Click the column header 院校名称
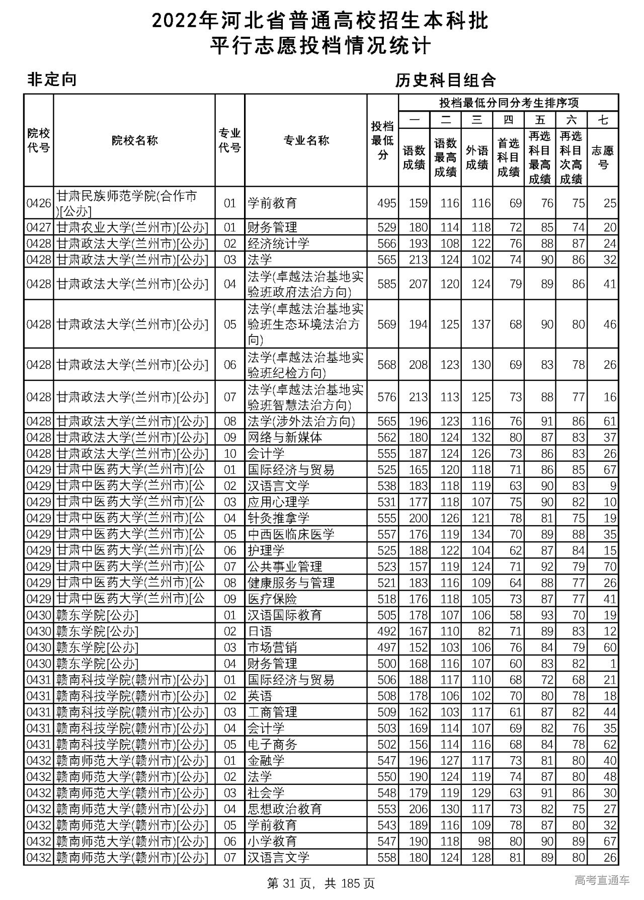tap(134, 140)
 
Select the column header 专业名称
tap(306, 140)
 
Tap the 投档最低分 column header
tap(382, 140)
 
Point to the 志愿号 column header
tap(603, 157)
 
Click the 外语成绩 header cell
tap(476, 157)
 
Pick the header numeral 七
tap(603, 120)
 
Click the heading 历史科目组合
tap(445, 80)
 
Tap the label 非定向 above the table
tap(52, 79)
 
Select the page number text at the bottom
tap(321, 883)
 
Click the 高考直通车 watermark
tap(602, 880)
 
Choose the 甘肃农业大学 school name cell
tap(132, 227)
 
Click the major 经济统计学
tap(278, 243)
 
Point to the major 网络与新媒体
tap(284, 437)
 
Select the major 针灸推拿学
tap(278, 518)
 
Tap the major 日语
tap(260, 631)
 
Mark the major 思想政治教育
tap(284, 809)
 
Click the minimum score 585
tap(386, 284)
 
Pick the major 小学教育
tap(272, 841)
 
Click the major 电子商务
tap(272, 744)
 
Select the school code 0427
tap(39, 227)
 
